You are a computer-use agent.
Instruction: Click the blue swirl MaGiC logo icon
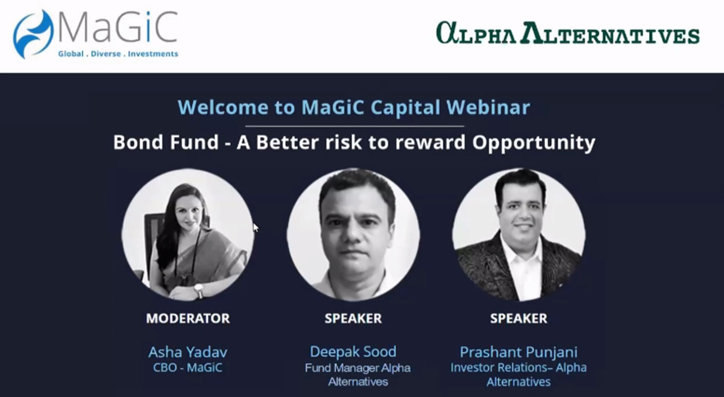click(33, 34)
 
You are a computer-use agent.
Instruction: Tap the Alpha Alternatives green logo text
click(568, 33)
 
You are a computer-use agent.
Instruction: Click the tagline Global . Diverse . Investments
click(118, 54)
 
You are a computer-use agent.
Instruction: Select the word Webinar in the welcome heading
click(488, 107)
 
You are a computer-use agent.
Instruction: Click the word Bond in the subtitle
click(139, 142)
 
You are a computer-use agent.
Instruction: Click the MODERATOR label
click(188, 318)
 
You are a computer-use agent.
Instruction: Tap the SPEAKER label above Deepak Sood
click(353, 318)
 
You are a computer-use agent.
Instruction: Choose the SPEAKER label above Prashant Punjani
click(518, 318)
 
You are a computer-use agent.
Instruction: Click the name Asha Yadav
click(188, 352)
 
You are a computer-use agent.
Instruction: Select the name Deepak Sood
click(353, 352)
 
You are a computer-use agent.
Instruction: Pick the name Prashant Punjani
click(518, 352)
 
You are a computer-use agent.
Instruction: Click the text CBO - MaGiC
click(188, 368)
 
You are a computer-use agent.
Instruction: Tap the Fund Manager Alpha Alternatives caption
click(358, 375)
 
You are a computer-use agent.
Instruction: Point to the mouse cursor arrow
click(256, 228)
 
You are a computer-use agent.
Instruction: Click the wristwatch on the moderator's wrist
click(199, 290)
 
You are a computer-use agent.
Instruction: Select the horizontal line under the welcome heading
click(355, 126)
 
